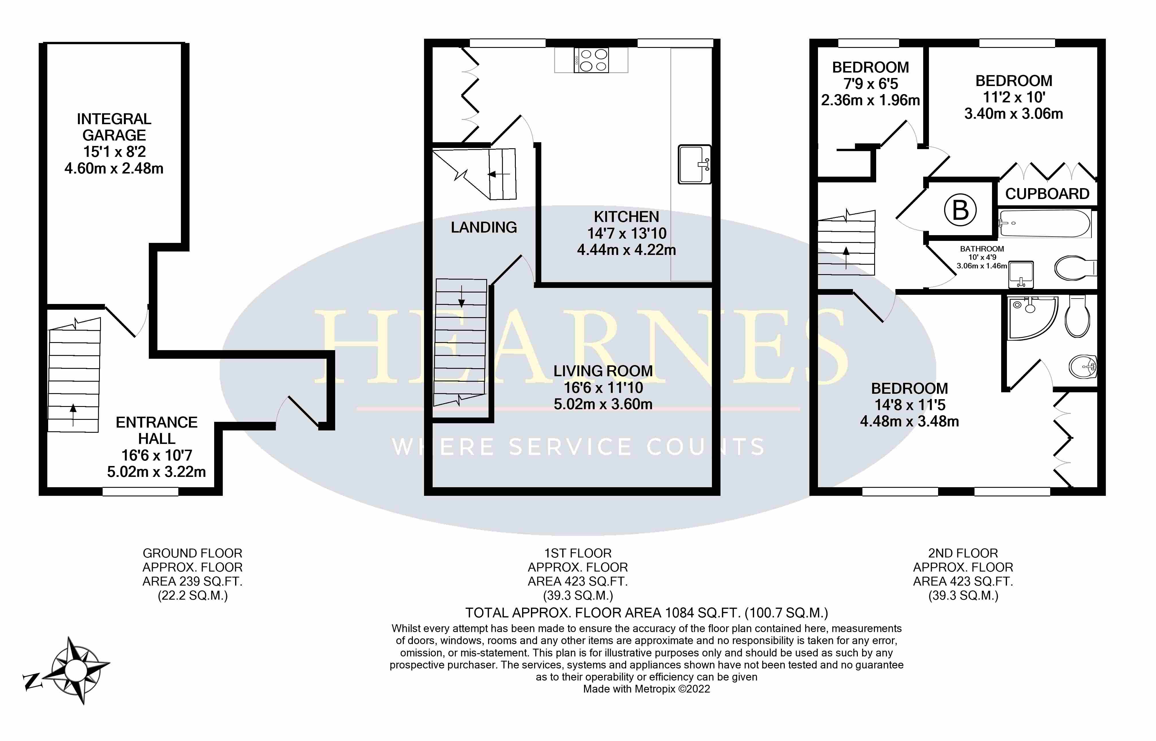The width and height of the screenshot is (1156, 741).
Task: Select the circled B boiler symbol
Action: tap(960, 210)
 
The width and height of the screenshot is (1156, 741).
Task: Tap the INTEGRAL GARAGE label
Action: tap(114, 127)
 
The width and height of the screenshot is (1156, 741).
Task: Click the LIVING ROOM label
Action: tap(603, 371)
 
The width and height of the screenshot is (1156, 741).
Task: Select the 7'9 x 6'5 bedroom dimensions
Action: tap(871, 84)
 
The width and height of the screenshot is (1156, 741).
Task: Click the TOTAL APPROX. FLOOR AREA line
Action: tap(647, 613)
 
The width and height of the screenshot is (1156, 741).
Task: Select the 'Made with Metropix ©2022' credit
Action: tap(647, 689)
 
